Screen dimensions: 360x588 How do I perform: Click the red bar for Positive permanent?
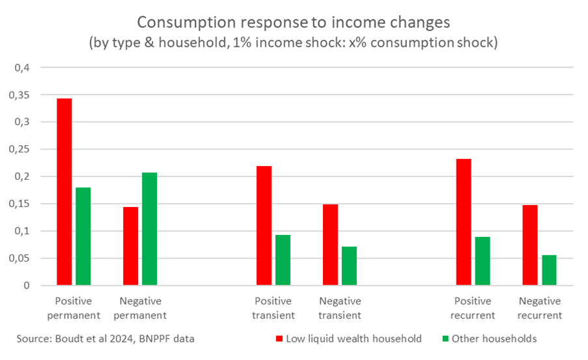click(64, 192)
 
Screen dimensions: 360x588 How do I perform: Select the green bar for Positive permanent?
click(83, 236)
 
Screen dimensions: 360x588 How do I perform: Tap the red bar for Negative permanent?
click(131, 246)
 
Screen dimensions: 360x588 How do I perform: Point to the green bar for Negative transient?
click(350, 266)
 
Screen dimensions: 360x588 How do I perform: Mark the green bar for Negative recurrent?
click(549, 270)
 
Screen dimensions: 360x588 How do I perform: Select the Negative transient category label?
click(339, 309)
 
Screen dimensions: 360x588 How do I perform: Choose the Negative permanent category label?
click(141, 309)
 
